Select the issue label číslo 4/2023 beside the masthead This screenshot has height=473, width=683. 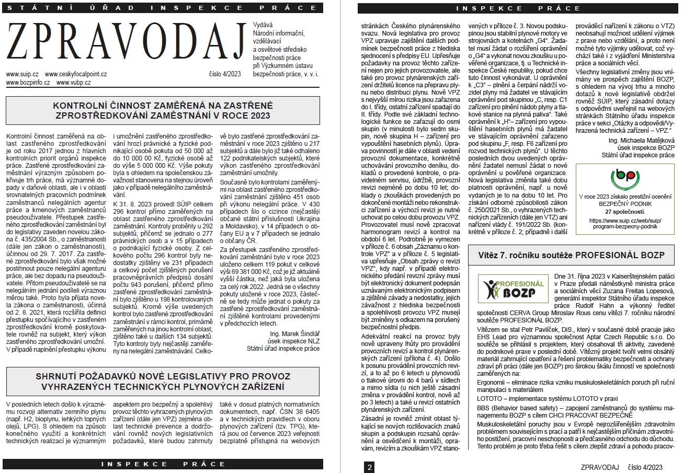point(223,74)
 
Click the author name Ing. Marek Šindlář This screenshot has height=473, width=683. point(294,333)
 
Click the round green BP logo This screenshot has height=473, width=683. point(624,178)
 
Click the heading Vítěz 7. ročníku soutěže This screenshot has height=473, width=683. point(571,256)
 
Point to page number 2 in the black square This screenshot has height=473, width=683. point(369,467)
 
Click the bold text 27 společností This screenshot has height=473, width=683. point(625,212)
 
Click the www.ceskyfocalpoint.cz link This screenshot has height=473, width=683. point(76,75)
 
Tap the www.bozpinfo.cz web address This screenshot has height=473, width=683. point(28,83)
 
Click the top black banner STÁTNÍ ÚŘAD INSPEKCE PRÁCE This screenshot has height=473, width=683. point(162,8)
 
